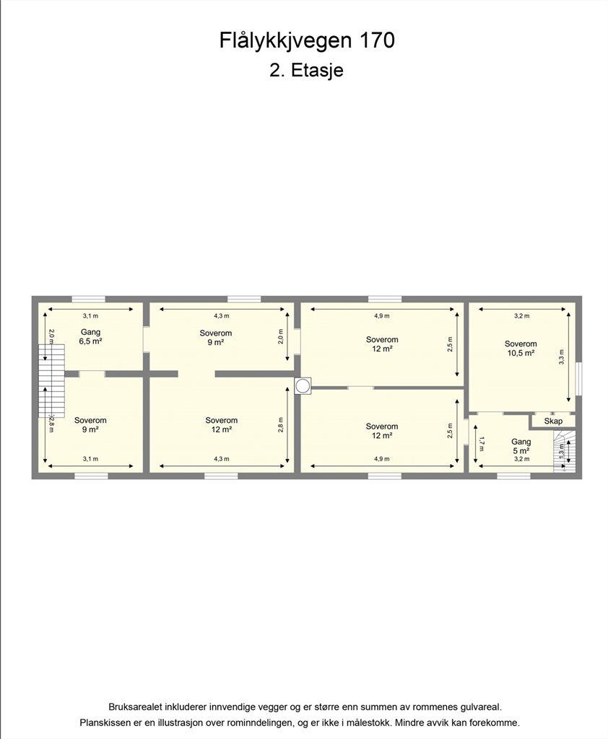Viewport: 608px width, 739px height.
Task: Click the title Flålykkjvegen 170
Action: coord(307,41)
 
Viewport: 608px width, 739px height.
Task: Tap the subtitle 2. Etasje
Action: coord(307,70)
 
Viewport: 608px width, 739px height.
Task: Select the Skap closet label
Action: coord(553,421)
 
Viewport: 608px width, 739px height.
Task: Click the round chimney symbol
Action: coord(303,386)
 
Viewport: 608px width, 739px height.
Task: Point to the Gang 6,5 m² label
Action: coord(90,337)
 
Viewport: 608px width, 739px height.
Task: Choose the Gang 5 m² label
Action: coord(521,446)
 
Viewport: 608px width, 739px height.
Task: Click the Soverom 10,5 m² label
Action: coord(521,349)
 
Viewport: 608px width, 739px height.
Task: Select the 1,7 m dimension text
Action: coord(481,444)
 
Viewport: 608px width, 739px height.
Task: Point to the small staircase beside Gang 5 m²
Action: coord(564,451)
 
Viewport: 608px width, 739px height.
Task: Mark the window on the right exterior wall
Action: coord(579,380)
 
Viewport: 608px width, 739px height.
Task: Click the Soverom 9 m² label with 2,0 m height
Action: coord(216,338)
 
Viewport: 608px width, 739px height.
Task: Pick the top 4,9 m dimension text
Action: coord(382,316)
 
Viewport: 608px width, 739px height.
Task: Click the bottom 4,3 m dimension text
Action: coord(221,458)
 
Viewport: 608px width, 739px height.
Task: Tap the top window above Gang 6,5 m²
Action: coord(88,299)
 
